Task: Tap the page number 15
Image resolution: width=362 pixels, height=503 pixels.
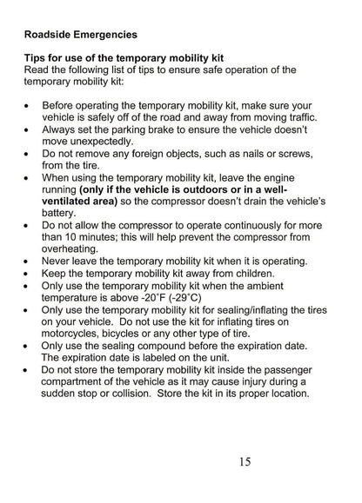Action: coord(245,461)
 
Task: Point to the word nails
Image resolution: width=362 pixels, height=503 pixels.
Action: coord(250,153)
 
